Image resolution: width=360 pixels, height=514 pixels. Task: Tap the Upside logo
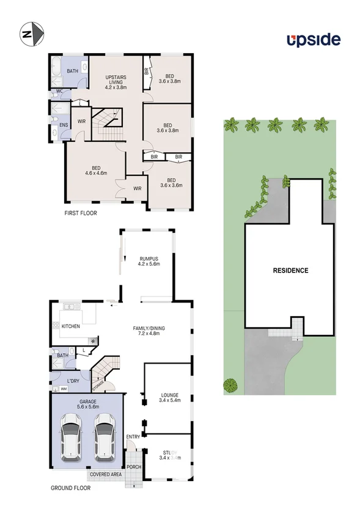click(314, 40)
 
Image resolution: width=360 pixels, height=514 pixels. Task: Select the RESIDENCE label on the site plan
click(290, 270)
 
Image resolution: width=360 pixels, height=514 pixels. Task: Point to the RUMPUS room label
click(149, 261)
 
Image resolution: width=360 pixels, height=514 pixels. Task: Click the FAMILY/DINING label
click(149, 331)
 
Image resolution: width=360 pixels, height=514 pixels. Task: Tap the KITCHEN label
click(71, 326)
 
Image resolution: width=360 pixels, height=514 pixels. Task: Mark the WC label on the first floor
click(59, 92)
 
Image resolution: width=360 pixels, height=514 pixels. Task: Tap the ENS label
click(63, 125)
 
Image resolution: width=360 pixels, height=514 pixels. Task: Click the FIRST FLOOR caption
click(81, 213)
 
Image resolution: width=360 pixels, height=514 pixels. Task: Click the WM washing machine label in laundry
click(64, 389)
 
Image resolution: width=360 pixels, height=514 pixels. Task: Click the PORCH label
click(134, 467)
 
